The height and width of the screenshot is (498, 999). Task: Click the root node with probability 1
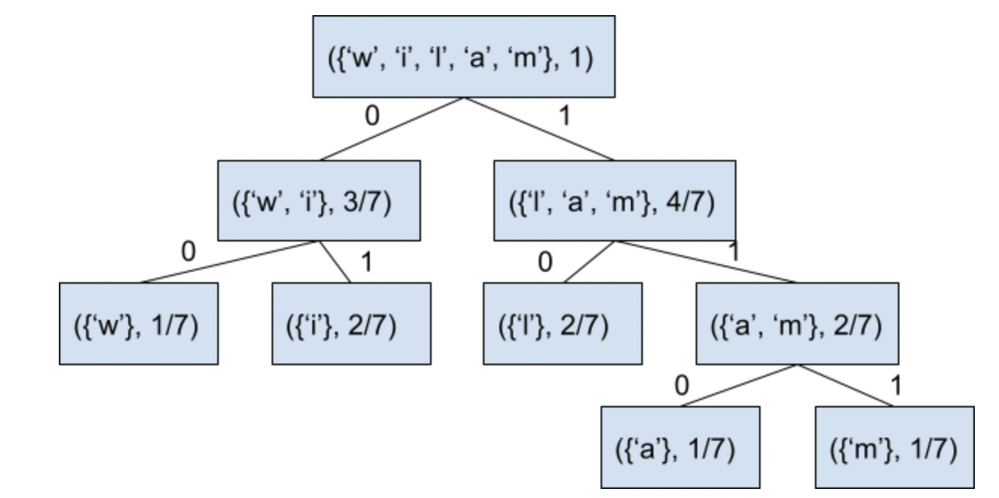[x=464, y=57]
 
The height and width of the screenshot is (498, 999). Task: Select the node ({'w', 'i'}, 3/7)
[x=318, y=201]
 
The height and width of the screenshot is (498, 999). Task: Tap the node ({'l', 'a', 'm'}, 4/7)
[x=615, y=201]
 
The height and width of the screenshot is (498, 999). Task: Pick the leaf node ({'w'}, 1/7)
[x=139, y=324]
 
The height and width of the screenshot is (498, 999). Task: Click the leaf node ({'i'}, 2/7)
[x=351, y=324]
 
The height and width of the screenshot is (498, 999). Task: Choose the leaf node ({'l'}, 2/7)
[x=563, y=324]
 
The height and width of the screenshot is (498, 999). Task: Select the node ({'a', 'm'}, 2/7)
[x=796, y=324]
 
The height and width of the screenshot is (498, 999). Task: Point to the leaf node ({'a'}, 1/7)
[x=681, y=447]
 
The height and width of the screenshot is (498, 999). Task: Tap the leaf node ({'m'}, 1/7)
[x=894, y=447]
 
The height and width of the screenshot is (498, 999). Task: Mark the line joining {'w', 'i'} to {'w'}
[x=229, y=262]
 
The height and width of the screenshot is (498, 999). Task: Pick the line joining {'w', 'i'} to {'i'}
[x=334, y=262]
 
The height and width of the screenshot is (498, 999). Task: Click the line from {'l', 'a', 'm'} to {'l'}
[x=589, y=262]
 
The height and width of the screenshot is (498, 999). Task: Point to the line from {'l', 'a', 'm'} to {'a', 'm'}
[x=705, y=262]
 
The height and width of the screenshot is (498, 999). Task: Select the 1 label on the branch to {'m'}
[x=896, y=385]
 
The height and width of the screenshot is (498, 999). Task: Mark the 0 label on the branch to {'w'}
[x=188, y=250]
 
